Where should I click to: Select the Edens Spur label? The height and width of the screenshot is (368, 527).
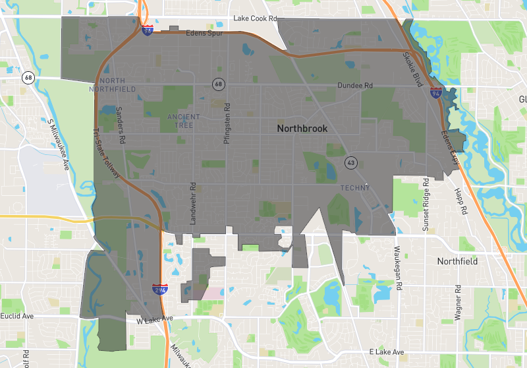tap(205, 33)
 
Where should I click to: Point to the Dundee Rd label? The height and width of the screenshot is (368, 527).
tap(355, 86)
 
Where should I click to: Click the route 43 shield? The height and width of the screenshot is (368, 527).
tap(350, 162)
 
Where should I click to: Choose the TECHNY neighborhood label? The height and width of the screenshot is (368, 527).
tap(355, 188)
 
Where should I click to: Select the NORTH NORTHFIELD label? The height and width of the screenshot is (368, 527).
tap(117, 84)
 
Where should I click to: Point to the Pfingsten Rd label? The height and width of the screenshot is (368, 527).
tap(227, 119)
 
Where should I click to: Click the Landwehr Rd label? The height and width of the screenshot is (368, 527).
tap(194, 204)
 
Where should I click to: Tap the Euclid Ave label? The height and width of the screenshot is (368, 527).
tap(17, 317)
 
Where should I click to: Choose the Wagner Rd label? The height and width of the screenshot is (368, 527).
tap(456, 302)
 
